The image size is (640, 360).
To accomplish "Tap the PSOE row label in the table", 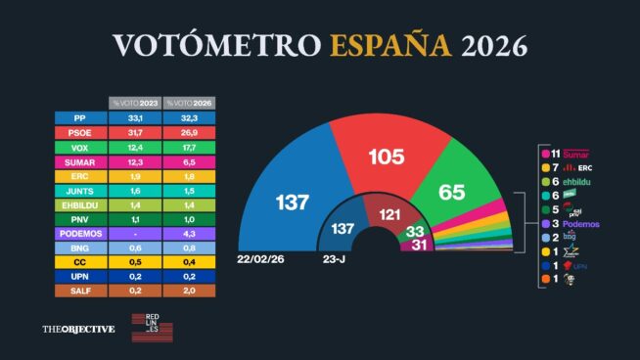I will point(80,132).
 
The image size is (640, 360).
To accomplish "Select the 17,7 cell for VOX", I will point(189,147).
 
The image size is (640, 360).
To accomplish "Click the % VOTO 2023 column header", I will point(134,103).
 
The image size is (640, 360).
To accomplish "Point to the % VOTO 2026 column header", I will point(189,103).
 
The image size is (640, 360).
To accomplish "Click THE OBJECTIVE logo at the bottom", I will point(78,329).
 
